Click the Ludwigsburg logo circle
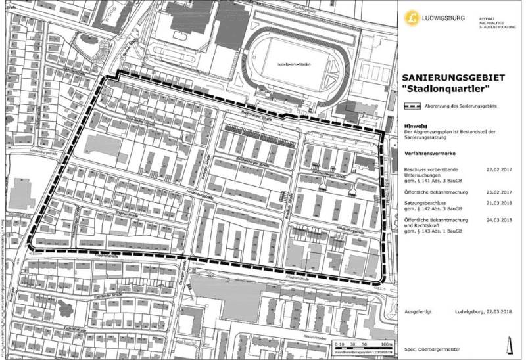414,16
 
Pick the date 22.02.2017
498,168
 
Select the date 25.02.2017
498,191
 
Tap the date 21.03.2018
498,203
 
